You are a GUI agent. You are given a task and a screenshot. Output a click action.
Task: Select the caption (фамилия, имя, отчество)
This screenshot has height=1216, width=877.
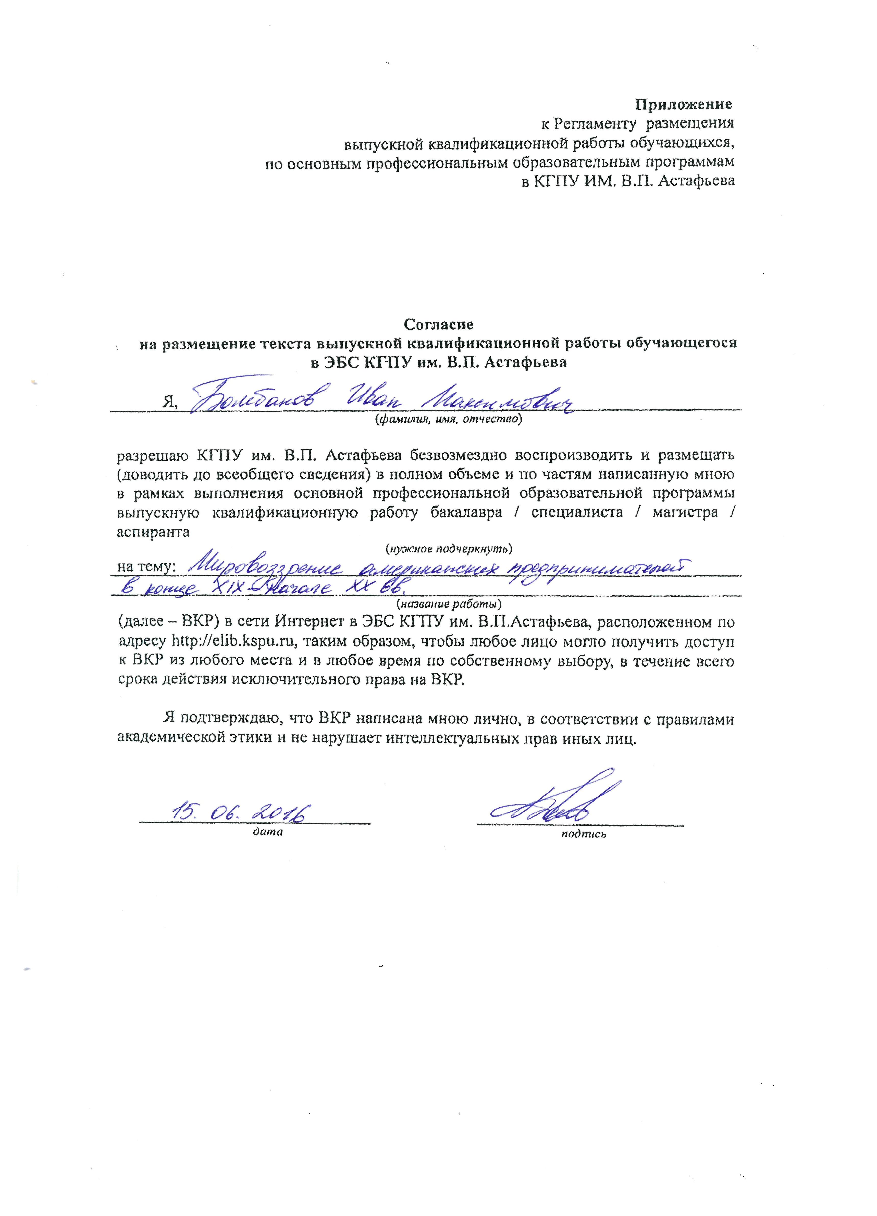(x=448, y=419)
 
